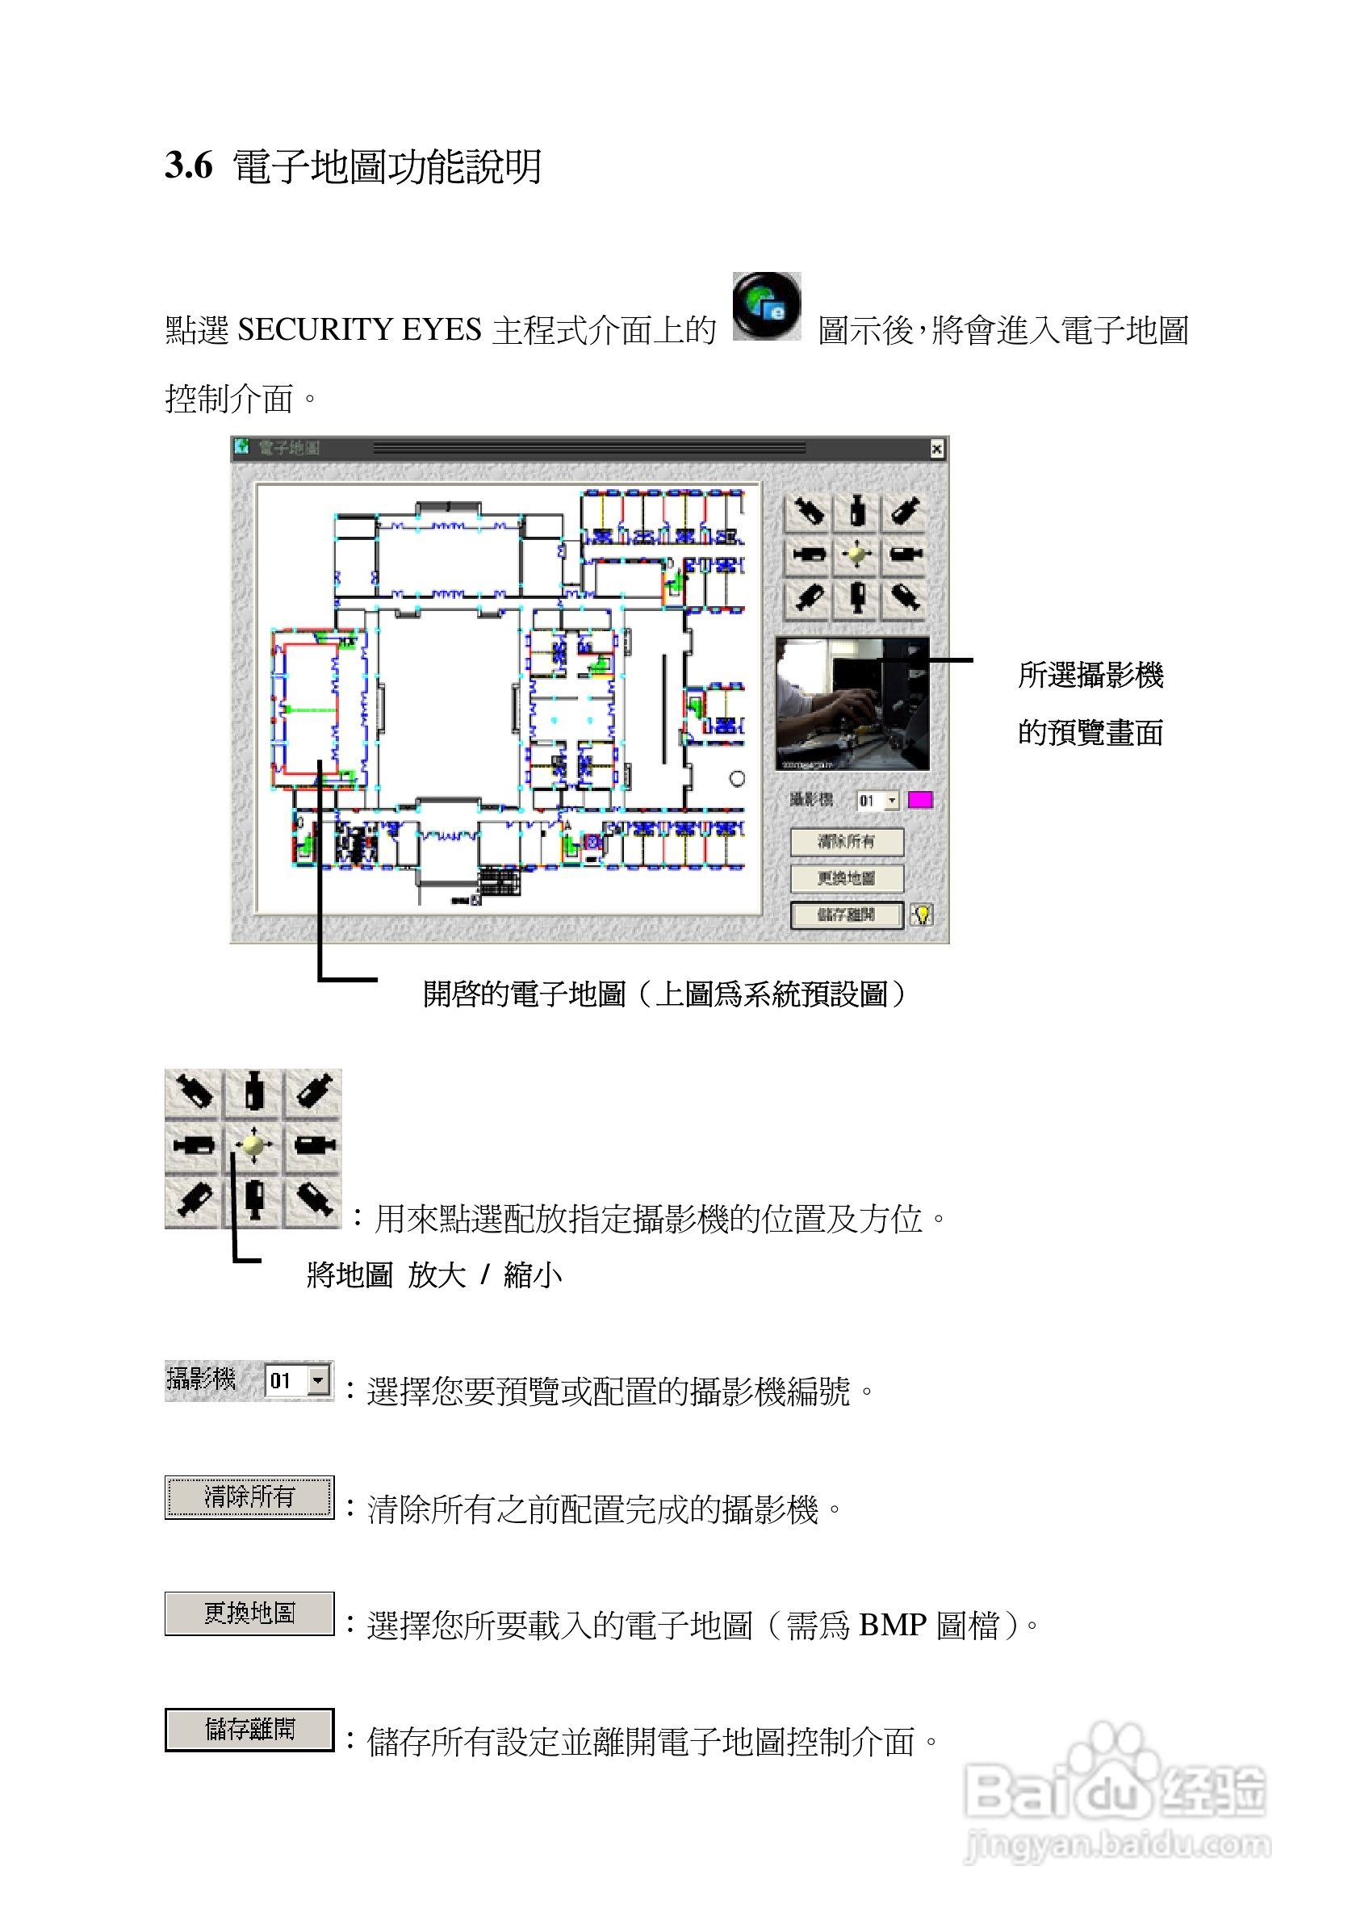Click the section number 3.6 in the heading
[188, 165]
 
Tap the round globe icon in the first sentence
[766, 306]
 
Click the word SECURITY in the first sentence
[316, 329]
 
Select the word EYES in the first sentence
[441, 329]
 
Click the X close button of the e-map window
[937, 450]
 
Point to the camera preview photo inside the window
[852, 704]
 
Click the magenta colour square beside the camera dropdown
[920, 800]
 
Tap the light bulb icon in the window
[922, 914]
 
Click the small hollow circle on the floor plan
[737, 779]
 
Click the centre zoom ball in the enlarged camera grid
[253, 1145]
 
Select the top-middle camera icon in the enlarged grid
[253, 1093]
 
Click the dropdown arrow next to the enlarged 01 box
[318, 1379]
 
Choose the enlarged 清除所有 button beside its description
[249, 1496]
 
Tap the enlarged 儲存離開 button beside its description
[249, 1730]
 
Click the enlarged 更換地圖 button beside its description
[249, 1613]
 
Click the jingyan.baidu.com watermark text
[1118, 1843]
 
